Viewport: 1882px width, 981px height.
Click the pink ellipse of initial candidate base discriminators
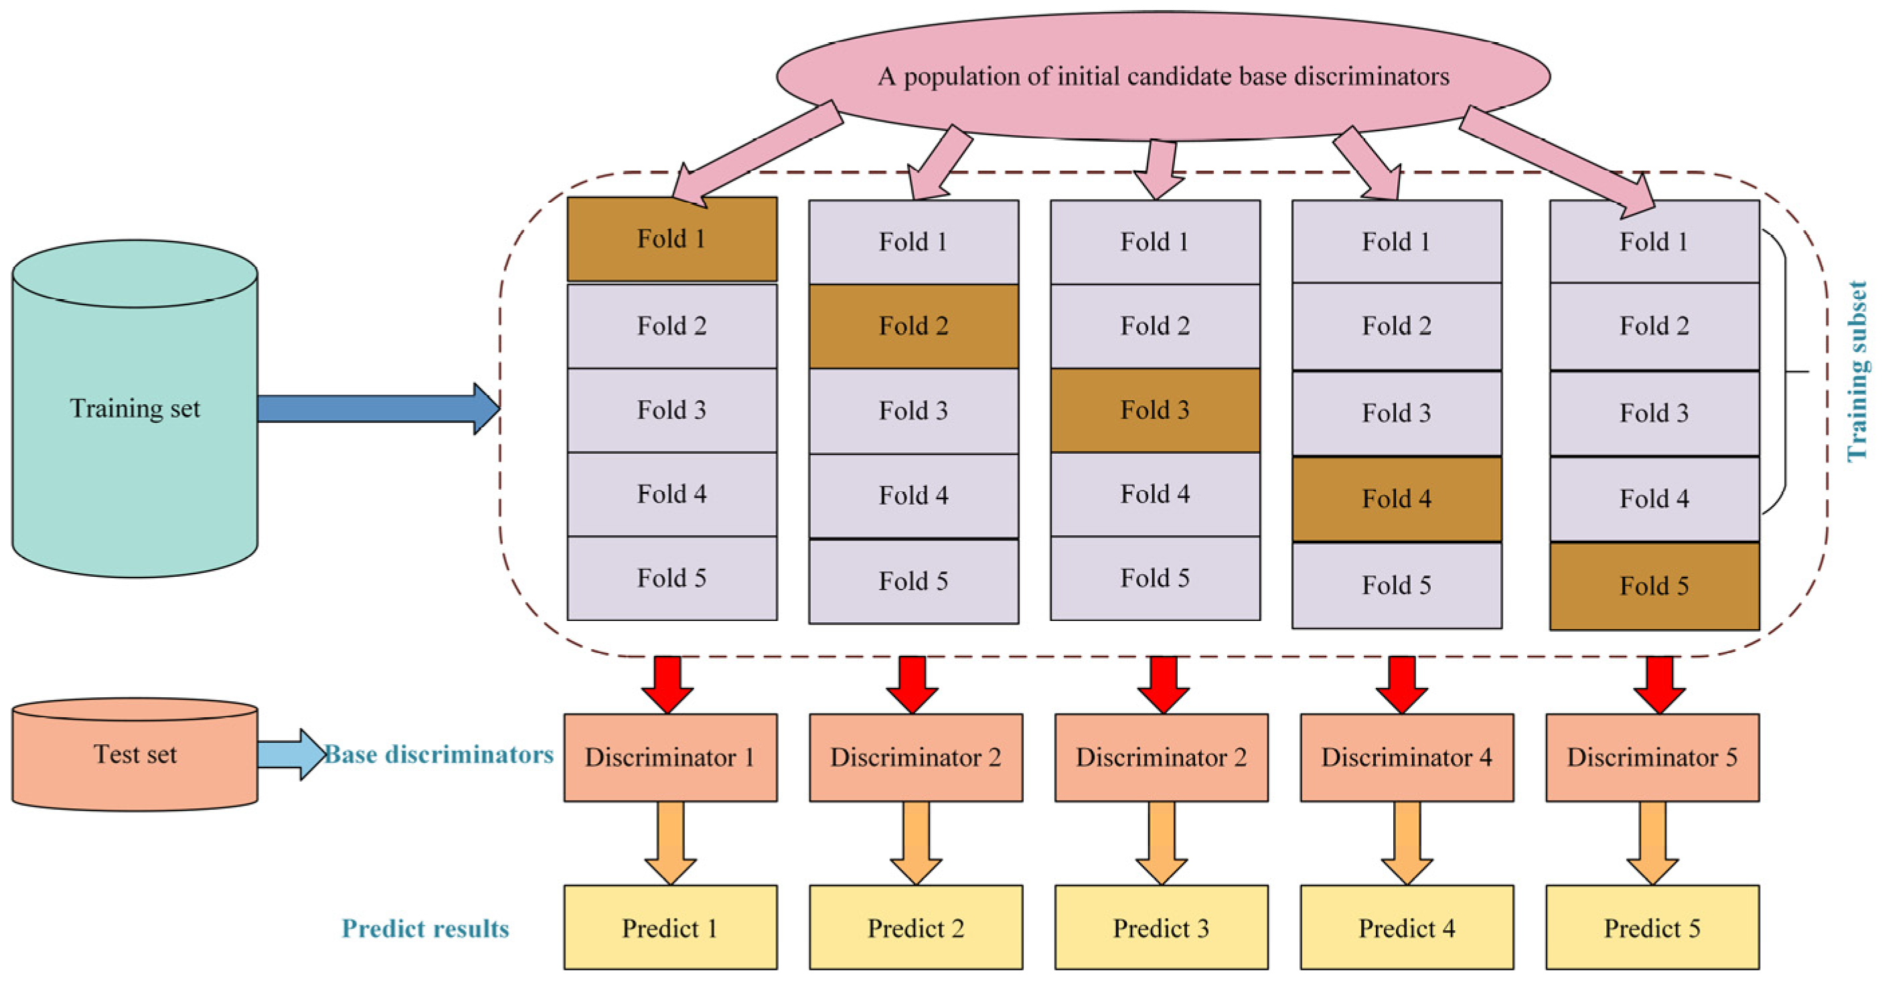coord(1163,76)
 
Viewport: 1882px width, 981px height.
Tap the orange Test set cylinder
coord(135,754)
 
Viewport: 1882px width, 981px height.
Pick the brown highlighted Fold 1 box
coord(672,239)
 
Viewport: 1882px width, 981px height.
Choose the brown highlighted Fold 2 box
coord(913,326)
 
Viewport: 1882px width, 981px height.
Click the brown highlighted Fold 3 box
coord(1154,410)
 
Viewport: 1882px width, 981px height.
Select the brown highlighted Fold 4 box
coord(1396,499)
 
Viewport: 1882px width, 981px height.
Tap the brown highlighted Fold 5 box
coord(1654,586)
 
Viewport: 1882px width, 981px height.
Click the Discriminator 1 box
coord(670,757)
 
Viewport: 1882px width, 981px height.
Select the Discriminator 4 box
coord(1407,757)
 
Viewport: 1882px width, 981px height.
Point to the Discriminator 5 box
coord(1652,757)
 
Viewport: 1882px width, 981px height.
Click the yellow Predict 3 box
coord(1161,927)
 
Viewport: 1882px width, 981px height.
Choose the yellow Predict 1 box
coord(670,927)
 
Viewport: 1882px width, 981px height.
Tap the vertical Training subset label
coord(1857,371)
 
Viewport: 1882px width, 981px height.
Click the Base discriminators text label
coord(439,754)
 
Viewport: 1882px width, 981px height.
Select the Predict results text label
coord(425,928)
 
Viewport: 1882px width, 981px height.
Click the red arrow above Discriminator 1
coord(667,683)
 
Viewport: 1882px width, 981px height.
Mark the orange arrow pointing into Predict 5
coord(1652,842)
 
